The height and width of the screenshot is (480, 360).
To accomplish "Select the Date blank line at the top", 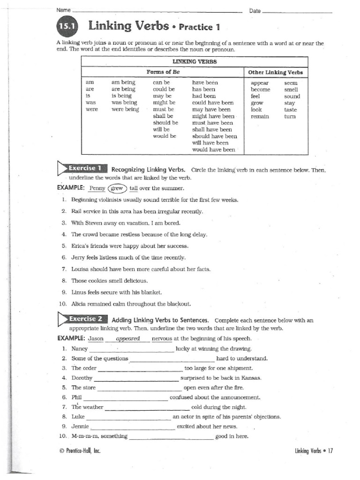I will point(297,11).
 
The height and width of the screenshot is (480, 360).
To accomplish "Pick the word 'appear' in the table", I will point(260,82).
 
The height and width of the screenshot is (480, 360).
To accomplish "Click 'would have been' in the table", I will point(213,150).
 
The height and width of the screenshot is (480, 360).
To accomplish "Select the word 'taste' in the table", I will point(290,110).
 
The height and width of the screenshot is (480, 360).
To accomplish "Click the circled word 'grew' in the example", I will point(117,188).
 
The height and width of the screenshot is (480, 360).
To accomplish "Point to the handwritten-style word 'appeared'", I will point(127,338).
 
